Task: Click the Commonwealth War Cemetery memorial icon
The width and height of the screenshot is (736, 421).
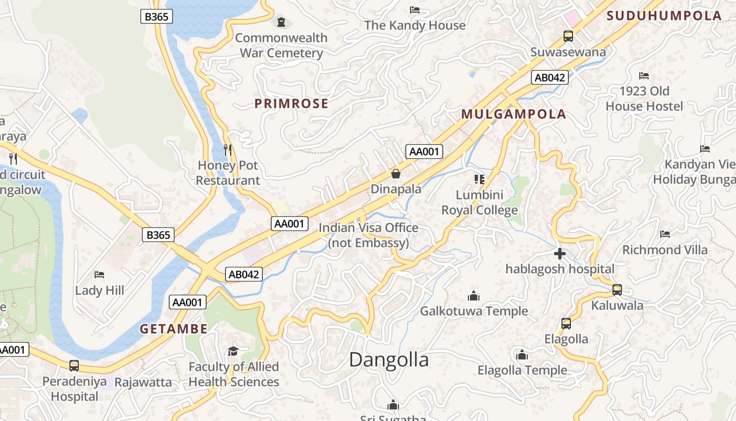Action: pyautogui.click(x=282, y=22)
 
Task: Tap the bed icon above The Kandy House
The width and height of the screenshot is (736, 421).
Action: pyautogui.click(x=415, y=10)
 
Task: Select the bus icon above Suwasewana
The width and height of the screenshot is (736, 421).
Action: pyautogui.click(x=568, y=36)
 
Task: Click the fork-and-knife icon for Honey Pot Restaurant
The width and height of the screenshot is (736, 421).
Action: pyautogui.click(x=228, y=149)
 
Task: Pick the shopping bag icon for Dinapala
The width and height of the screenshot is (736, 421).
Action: pyautogui.click(x=396, y=173)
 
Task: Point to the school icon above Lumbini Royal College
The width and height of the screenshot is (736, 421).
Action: pyautogui.click(x=479, y=179)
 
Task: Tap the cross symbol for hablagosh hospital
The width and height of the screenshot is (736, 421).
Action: pyautogui.click(x=560, y=254)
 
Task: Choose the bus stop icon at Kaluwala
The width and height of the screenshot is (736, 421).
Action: pyautogui.click(x=617, y=290)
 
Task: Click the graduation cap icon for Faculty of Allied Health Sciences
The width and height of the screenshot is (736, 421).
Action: pyautogui.click(x=233, y=351)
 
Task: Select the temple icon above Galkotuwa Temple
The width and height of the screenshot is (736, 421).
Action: pyautogui.click(x=474, y=296)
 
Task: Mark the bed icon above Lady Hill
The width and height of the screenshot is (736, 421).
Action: pyautogui.click(x=99, y=275)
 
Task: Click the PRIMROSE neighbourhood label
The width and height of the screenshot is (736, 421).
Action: pyautogui.click(x=291, y=104)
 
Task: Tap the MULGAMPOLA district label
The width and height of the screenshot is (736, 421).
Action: pyautogui.click(x=514, y=114)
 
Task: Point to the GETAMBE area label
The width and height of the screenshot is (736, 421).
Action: pyautogui.click(x=173, y=329)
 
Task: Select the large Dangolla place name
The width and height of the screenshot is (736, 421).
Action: pyautogui.click(x=389, y=360)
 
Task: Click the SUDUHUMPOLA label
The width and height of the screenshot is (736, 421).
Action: pyautogui.click(x=664, y=16)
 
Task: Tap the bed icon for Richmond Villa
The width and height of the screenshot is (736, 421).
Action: pyautogui.click(x=665, y=234)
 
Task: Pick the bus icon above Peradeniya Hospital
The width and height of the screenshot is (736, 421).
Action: pyautogui.click(x=74, y=365)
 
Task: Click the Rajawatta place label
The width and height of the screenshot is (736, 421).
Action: pyautogui.click(x=143, y=382)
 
